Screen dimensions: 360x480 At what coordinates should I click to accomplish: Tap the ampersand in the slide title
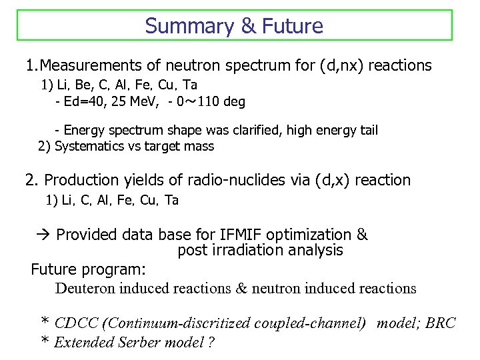point(248,26)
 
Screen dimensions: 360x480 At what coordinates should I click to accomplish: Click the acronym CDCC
point(78,323)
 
